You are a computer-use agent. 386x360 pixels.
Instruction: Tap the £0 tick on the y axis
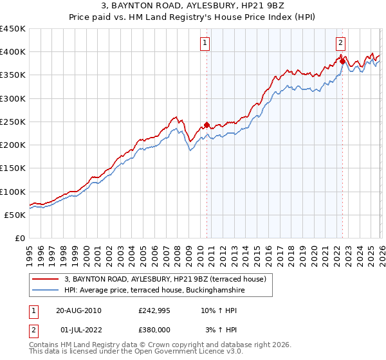(20, 238)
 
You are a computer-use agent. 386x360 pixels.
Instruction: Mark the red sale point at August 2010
(207, 125)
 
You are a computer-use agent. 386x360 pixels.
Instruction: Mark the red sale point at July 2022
(342, 61)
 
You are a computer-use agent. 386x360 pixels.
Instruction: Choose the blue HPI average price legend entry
(154, 291)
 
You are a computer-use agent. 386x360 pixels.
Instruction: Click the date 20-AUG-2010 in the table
(78, 311)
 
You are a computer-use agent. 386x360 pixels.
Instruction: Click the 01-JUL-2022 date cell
(78, 329)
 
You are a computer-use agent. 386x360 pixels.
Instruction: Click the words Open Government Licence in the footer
(178, 353)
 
